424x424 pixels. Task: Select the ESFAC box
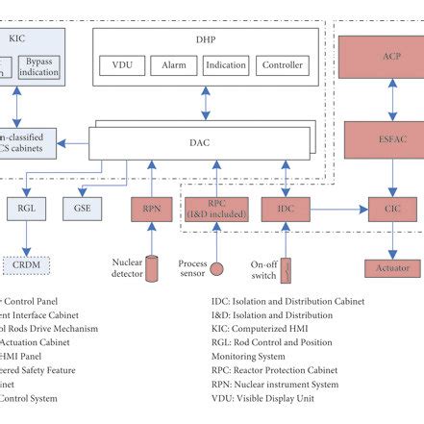(390, 139)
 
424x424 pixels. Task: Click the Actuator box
(391, 267)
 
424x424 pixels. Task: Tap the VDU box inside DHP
(122, 65)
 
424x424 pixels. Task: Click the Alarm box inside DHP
(173, 65)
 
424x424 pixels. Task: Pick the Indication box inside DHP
(225, 65)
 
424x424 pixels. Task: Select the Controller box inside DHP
(283, 65)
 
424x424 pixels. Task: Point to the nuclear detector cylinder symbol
(151, 271)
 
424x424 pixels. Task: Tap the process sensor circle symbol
(217, 268)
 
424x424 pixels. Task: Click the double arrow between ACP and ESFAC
(390, 97)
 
